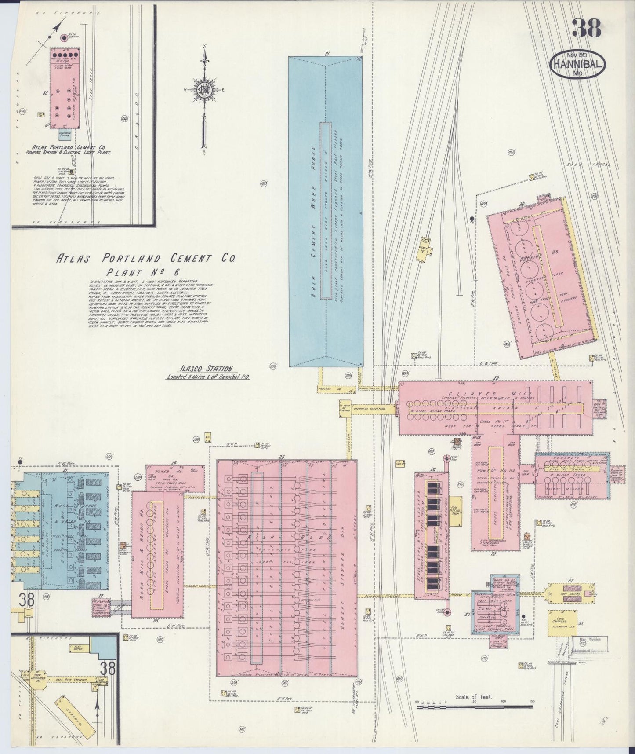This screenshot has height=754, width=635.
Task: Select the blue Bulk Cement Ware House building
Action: [326, 211]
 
